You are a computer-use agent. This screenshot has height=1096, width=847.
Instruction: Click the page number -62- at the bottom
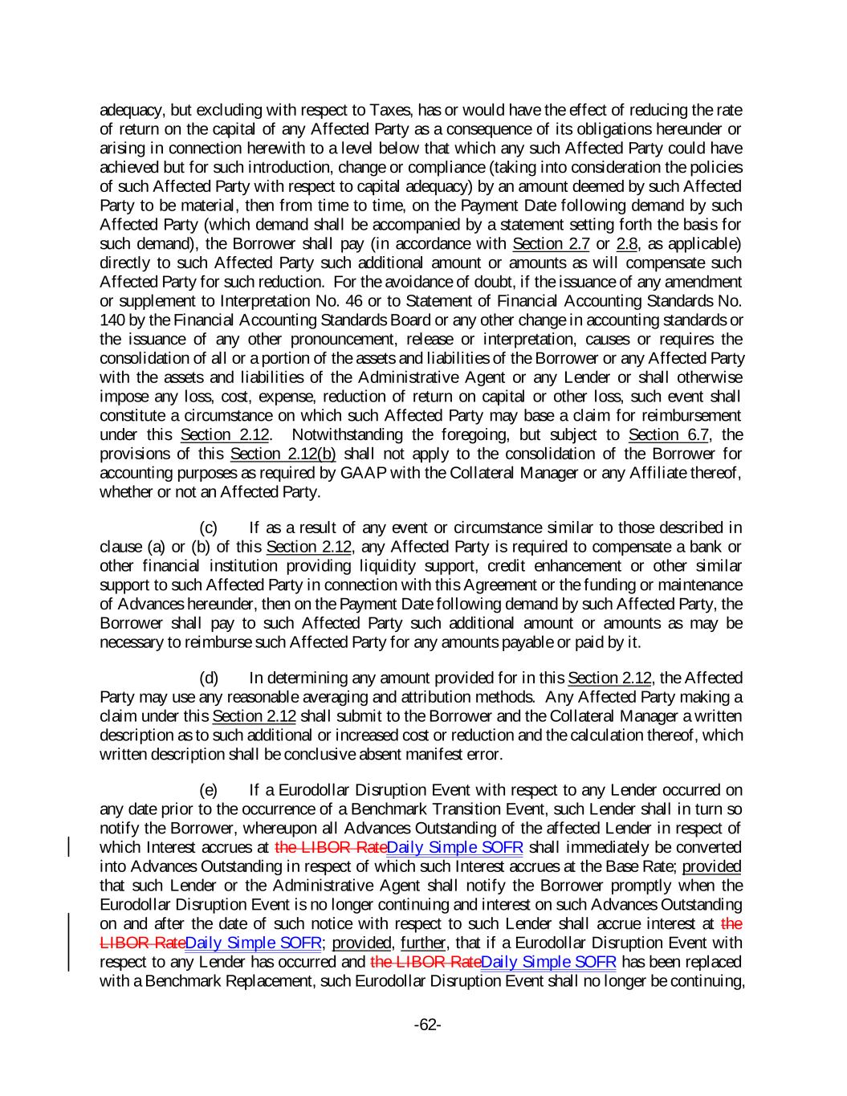pos(427,1025)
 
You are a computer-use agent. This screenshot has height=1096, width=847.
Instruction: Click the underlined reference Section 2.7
pos(551,244)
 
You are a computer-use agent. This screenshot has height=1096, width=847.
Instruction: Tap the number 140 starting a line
pos(112,320)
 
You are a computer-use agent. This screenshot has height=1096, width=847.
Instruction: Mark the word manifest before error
pos(432,754)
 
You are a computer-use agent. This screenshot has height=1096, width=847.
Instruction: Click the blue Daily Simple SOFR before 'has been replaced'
pos(548,962)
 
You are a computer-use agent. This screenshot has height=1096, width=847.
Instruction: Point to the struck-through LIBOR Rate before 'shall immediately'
pos(330,847)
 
